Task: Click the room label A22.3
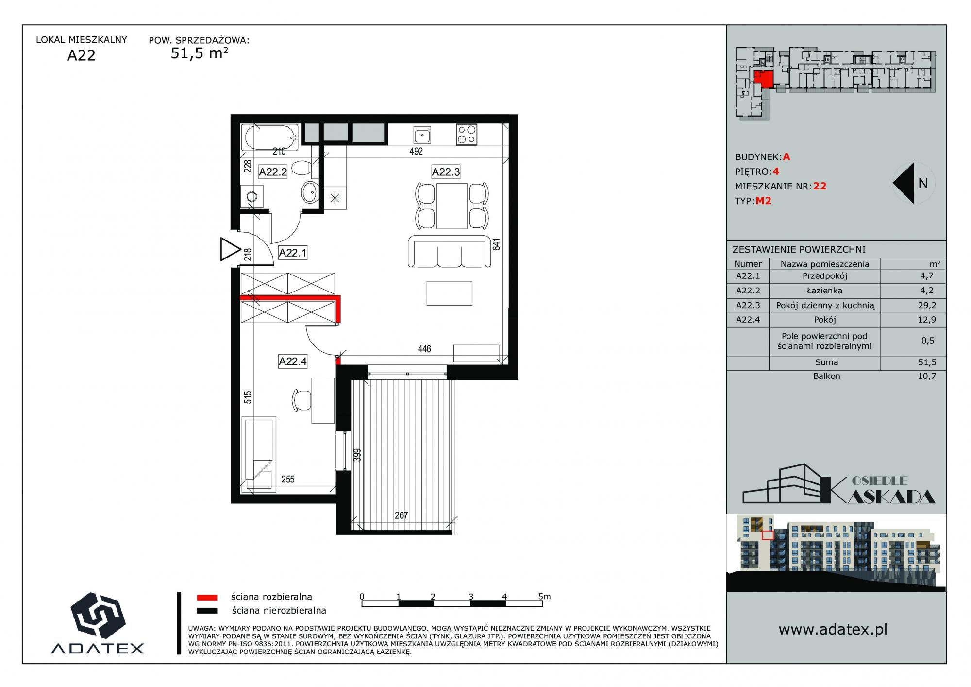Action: coord(446,172)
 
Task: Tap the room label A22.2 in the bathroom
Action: coord(273,172)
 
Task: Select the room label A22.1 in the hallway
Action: coord(292,253)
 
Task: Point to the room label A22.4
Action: coord(292,361)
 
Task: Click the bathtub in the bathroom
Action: coord(271,137)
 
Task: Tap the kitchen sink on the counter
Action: coord(422,135)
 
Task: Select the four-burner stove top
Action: coord(467,135)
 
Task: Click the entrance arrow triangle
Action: coord(230,250)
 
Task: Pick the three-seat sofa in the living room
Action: coord(449,251)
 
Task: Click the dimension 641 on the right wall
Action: coord(496,244)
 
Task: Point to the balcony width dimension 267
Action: coord(401,515)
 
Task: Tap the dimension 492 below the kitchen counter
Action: coord(416,151)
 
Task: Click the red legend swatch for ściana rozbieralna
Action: coord(207,598)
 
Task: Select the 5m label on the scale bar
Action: coord(545,596)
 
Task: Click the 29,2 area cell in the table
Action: coord(927,305)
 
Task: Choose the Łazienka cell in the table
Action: coord(824,291)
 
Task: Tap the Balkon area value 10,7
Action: coord(927,376)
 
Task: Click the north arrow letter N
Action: coord(923,183)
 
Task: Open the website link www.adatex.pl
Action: coord(833,630)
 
